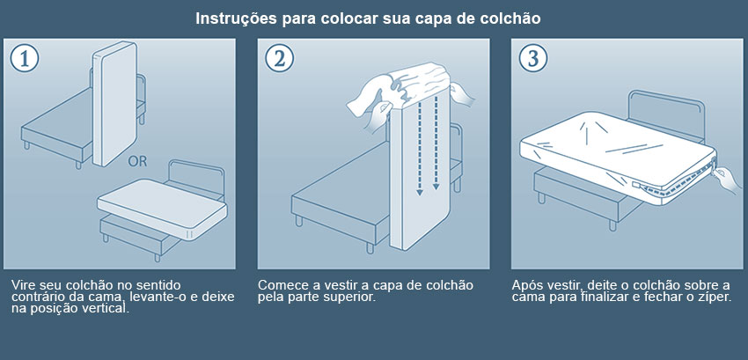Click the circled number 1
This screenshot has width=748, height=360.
pyautogui.click(x=24, y=58)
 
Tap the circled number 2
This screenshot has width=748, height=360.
pyautogui.click(x=279, y=58)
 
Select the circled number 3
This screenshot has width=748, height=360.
pyautogui.click(x=533, y=58)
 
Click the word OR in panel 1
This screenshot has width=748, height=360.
pyautogui.click(x=137, y=162)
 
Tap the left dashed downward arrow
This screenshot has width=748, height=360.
pyautogui.click(x=419, y=149)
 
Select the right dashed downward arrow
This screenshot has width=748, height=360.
pyautogui.click(x=436, y=145)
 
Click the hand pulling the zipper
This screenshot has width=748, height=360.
pyautogui.click(x=726, y=179)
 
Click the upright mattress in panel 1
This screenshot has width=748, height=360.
pyautogui.click(x=114, y=104)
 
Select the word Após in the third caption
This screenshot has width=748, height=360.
pyautogui.click(x=524, y=286)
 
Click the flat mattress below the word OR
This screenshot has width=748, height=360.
pyautogui.click(x=162, y=209)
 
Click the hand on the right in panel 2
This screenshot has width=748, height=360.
pyautogui.click(x=462, y=94)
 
